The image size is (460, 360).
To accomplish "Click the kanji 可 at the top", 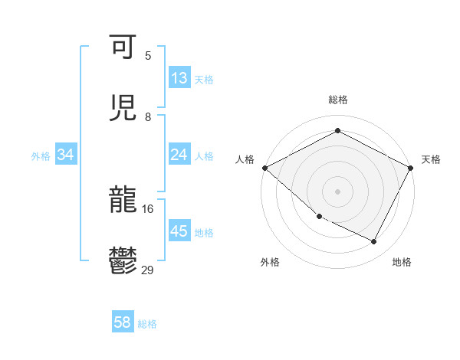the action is [x=123, y=47].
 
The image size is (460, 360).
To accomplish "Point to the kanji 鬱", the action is [x=123, y=261].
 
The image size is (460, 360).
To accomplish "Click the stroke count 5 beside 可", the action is [x=148, y=55].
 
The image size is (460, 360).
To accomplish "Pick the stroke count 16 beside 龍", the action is [x=147, y=208].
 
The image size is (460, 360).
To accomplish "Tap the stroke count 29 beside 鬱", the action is [x=148, y=270].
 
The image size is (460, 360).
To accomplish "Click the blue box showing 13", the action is [x=179, y=78].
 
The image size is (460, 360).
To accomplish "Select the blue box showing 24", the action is [x=179, y=155].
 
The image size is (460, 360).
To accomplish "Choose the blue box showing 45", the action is [x=179, y=231].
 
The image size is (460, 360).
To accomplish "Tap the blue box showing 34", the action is [x=66, y=155].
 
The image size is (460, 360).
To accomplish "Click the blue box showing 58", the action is [x=123, y=323].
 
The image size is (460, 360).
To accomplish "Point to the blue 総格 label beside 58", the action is [x=147, y=324].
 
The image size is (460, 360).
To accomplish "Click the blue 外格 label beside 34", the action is [x=41, y=155].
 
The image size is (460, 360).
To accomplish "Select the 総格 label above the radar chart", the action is [x=337, y=100].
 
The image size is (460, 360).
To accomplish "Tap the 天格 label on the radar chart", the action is [x=431, y=159].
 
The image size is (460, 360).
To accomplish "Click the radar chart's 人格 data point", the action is [x=264, y=168].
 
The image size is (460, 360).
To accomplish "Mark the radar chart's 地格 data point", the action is [x=374, y=241].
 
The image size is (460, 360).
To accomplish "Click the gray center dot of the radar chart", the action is [x=337, y=191].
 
